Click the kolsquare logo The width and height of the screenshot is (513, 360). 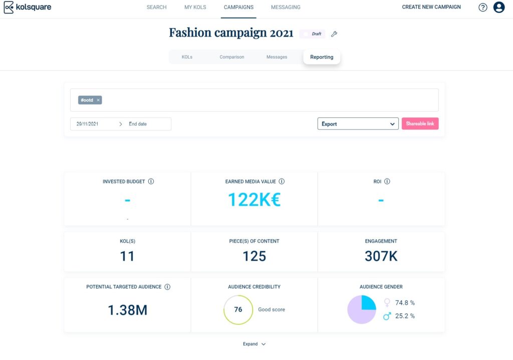[28, 8]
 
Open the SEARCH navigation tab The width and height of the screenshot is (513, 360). [156, 8]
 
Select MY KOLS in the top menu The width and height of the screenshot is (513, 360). [195, 8]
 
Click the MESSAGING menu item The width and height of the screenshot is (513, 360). [286, 8]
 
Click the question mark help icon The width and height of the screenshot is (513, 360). [482, 8]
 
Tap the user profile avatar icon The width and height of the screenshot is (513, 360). [498, 8]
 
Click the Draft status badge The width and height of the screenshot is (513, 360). [313, 34]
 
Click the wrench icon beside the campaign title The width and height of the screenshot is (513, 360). [334, 34]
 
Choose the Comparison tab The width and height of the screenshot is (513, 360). [231, 57]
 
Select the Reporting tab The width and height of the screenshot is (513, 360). [322, 57]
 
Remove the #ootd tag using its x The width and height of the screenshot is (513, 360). [98, 100]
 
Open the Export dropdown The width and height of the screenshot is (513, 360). [358, 124]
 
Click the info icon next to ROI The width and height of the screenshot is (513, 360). [387, 182]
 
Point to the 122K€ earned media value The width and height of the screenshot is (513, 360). [254, 200]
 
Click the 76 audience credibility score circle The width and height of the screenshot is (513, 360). [238, 309]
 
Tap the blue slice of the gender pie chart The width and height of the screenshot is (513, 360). [368, 303]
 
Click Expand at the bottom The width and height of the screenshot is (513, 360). [254, 344]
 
